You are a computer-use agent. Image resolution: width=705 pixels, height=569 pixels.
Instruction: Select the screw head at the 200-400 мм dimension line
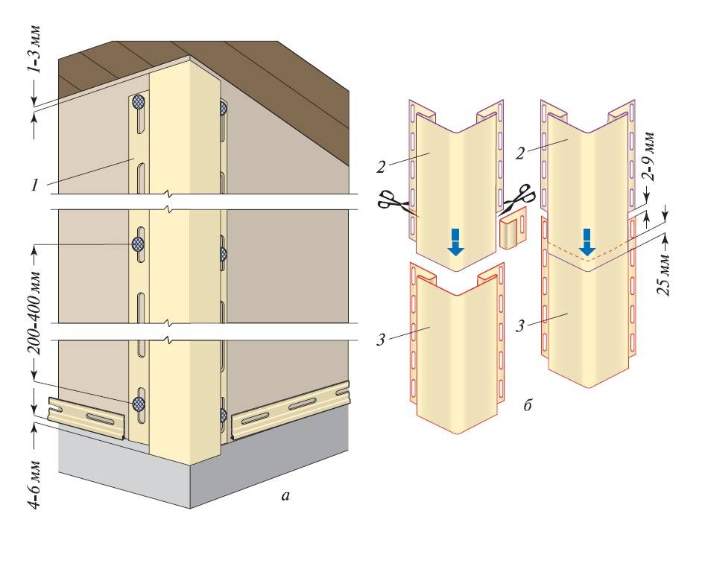coord(138,244)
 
